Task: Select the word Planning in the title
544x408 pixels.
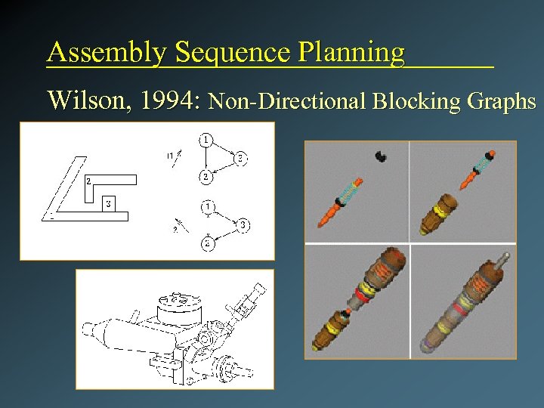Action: point(351,53)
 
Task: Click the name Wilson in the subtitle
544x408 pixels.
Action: point(85,100)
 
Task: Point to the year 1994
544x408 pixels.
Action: point(167,100)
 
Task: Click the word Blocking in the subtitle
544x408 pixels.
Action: point(410,100)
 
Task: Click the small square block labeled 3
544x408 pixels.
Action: point(110,204)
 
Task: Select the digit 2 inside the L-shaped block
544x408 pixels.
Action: point(88,181)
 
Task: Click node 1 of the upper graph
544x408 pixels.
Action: point(206,139)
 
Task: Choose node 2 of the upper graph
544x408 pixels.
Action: point(206,177)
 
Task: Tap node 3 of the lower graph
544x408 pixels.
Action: point(242,224)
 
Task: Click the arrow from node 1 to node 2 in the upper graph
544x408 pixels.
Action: point(206,158)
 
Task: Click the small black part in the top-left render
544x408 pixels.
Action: point(381,156)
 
